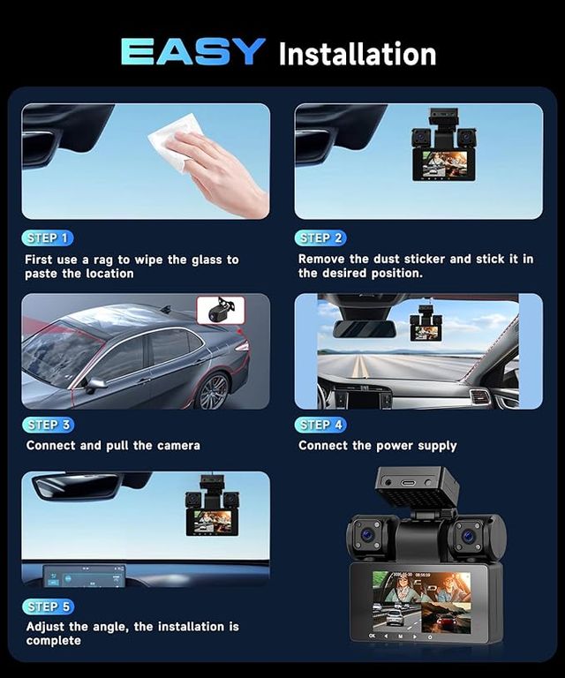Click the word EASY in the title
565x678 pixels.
pos(192,51)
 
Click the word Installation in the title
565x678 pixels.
pos(358,54)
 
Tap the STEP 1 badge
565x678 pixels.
pos(48,237)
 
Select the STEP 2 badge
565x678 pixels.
pos(320,237)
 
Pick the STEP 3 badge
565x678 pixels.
pos(48,425)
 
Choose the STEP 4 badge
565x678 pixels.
pos(320,425)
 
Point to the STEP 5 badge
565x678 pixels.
pos(48,606)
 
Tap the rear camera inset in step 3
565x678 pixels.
pos(221,310)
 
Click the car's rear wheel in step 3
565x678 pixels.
pos(213,392)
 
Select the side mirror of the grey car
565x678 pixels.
pos(94,384)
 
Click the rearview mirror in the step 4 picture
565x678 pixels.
pos(364,329)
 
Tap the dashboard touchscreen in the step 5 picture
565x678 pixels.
pos(84,576)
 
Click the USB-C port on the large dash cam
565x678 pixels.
pos(408,483)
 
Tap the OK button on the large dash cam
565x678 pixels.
pos(373,636)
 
